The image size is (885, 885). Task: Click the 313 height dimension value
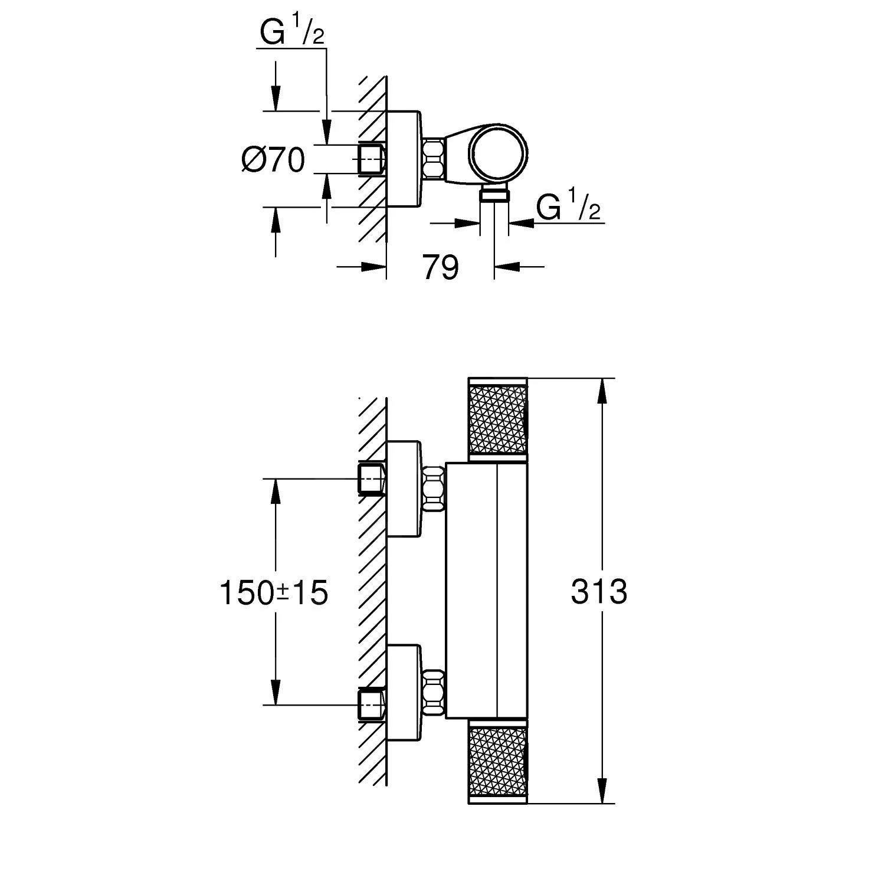pyautogui.click(x=598, y=592)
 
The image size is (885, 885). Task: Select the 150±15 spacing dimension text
pyautogui.click(x=273, y=592)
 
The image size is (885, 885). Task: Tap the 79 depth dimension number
pyautogui.click(x=440, y=268)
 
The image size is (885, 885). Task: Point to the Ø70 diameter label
pyautogui.click(x=273, y=160)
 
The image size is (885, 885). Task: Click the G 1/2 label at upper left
pyautogui.click(x=292, y=35)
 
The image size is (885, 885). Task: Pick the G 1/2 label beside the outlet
pyautogui.click(x=568, y=207)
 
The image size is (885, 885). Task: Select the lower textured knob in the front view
pyautogui.click(x=497, y=765)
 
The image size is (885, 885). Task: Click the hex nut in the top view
pyautogui.click(x=433, y=158)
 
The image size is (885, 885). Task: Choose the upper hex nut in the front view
pyautogui.click(x=433, y=488)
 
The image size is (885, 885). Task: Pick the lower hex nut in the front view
pyautogui.click(x=433, y=693)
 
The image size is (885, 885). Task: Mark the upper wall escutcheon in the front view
pyautogui.click(x=404, y=489)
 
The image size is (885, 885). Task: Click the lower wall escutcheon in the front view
pyautogui.click(x=404, y=693)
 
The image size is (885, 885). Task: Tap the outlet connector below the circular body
pyautogui.click(x=494, y=195)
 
